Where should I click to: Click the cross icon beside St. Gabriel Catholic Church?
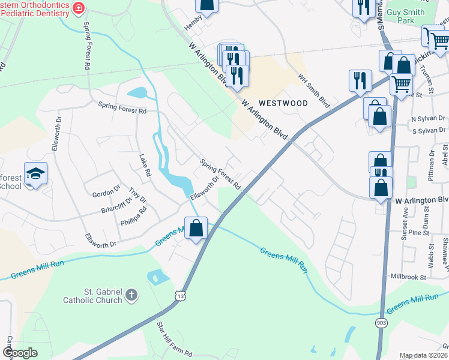(x=132, y=295)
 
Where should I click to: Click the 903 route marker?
(x=381, y=323)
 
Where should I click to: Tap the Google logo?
(x=20, y=353)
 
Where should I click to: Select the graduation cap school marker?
(x=35, y=174)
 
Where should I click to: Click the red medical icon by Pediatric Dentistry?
(x=77, y=8)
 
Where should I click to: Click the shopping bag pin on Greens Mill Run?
(x=196, y=228)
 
